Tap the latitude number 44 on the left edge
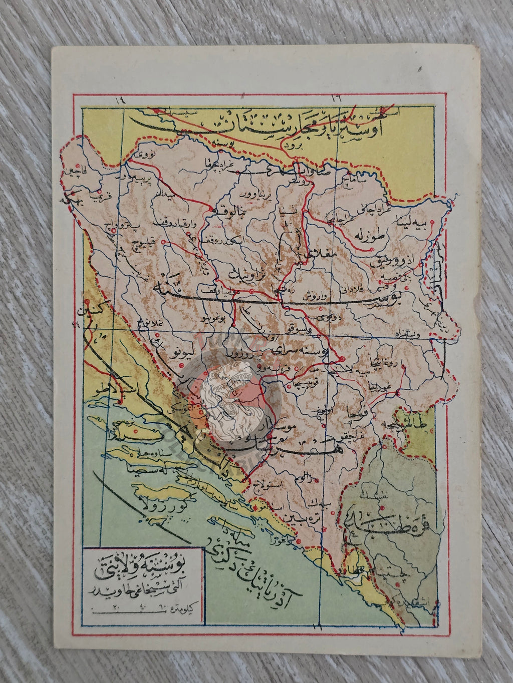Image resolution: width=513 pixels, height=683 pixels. click(77, 326)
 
